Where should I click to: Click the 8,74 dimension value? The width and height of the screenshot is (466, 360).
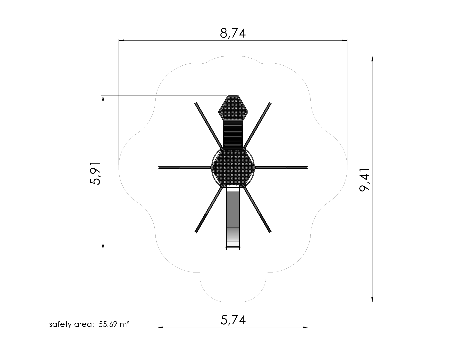[x=233, y=33]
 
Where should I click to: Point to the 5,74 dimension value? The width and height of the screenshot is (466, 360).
[x=233, y=320]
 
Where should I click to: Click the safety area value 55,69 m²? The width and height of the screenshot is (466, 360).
[x=114, y=324]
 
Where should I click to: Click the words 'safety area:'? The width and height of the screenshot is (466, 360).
[x=72, y=324]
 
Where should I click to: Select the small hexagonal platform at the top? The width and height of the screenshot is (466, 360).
[x=233, y=108]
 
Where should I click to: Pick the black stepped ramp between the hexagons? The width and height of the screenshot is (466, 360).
[x=233, y=135]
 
